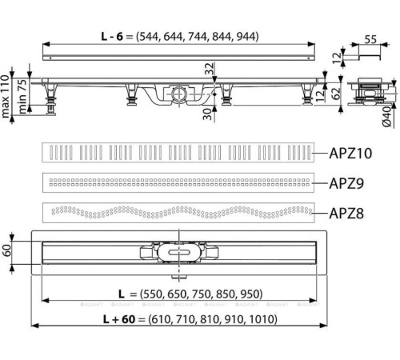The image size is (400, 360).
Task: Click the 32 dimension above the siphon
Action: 209,71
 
